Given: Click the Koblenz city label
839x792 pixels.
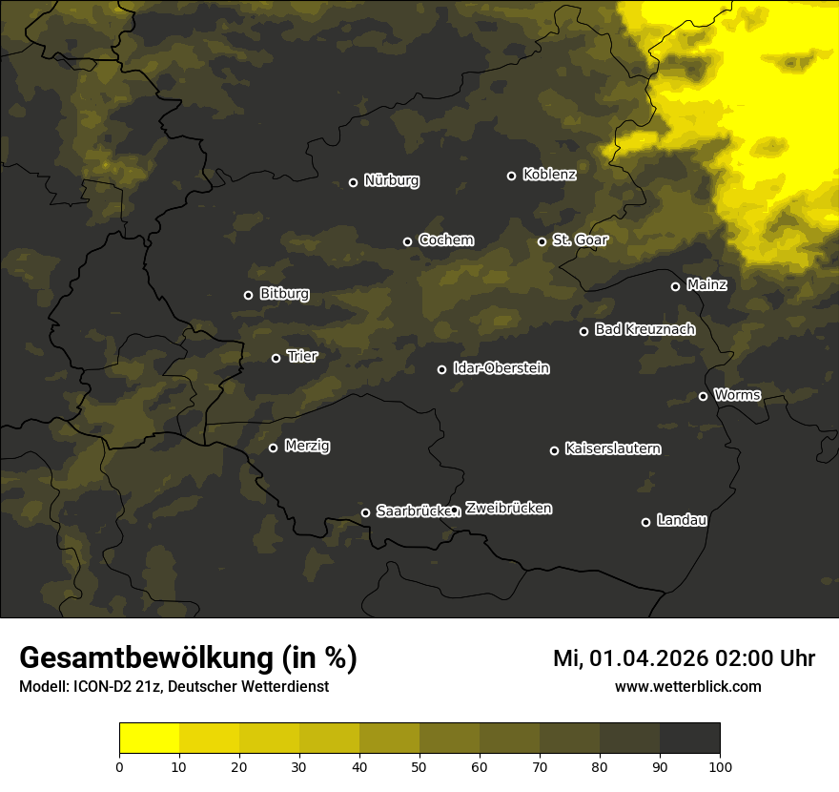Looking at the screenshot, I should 549,175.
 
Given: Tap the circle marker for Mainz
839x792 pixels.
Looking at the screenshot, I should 675,286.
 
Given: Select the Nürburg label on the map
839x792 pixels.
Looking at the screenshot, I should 391,180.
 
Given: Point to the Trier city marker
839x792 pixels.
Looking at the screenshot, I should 276,358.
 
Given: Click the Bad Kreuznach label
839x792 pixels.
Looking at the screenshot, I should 645,329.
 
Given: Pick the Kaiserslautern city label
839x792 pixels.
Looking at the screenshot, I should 612,448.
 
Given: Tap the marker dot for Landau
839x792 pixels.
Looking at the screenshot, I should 645,522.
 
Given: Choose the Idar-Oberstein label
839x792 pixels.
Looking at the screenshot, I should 501,368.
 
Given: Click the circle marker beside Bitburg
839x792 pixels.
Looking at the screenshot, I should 249,295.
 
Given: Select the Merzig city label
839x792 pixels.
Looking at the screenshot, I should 307,446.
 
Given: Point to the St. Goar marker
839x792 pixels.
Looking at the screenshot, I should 542,241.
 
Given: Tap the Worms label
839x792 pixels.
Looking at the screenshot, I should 737,394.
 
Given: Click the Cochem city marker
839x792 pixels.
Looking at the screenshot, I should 407,241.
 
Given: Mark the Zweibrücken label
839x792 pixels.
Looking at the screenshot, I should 508,509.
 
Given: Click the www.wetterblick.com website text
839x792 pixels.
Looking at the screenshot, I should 687,686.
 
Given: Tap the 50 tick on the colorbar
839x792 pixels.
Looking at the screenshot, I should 419,765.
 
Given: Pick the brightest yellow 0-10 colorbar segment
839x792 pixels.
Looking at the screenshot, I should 150,739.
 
